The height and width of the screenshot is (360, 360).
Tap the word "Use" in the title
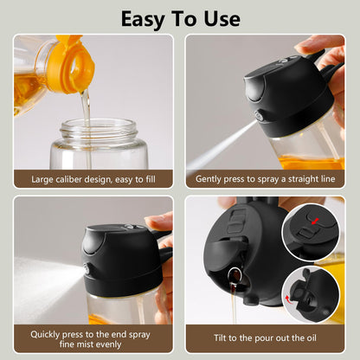(x=218, y=18)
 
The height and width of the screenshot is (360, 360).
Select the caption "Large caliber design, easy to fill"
(x=93, y=179)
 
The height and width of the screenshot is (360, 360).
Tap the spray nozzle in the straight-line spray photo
(x=257, y=116)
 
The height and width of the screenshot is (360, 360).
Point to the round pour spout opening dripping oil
(x=233, y=279)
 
